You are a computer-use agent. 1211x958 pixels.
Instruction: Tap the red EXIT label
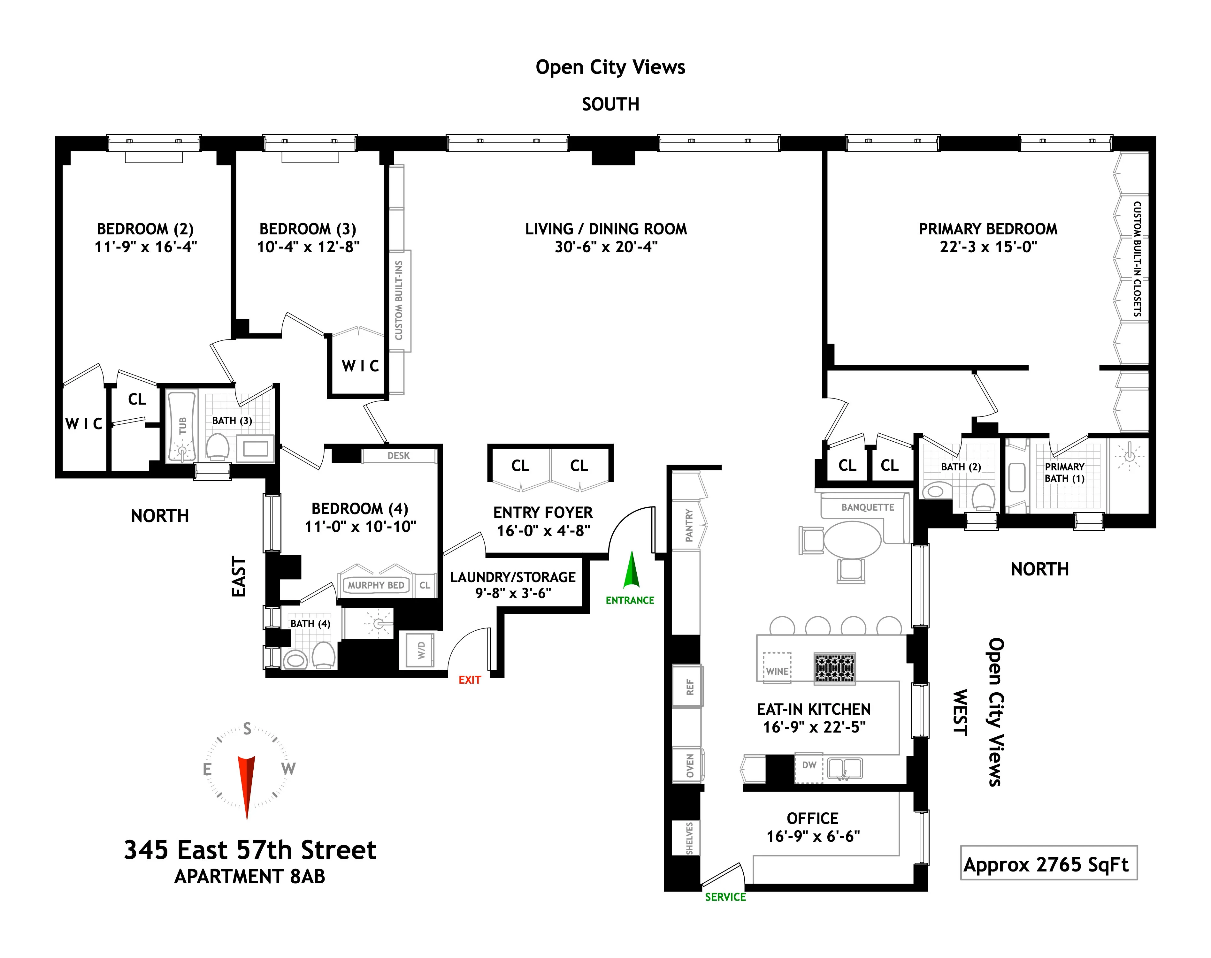[470, 680]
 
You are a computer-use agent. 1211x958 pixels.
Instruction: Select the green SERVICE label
[725, 897]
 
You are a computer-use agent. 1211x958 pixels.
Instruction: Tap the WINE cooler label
[777, 671]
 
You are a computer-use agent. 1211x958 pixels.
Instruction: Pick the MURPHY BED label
[375, 585]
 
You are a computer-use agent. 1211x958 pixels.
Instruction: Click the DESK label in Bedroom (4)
[398, 455]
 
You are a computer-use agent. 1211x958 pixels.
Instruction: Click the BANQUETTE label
[868, 507]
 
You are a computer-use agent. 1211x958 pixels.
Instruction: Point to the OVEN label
[690, 766]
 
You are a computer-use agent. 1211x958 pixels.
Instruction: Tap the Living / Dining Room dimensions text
[606, 247]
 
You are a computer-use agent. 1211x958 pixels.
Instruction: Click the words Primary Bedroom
[988, 229]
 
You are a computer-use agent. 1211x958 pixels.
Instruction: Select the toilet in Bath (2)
[983, 496]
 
